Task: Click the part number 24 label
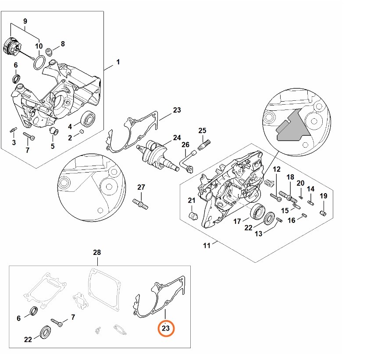tap(176, 138)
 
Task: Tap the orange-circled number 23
tap(166, 328)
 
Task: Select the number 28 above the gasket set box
tap(97, 253)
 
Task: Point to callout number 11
tap(207, 245)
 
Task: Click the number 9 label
tap(25, 21)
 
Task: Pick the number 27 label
tap(141, 187)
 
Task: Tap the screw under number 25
tap(204, 143)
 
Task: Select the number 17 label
tap(237, 222)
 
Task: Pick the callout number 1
tap(118, 62)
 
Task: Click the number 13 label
tap(258, 234)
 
